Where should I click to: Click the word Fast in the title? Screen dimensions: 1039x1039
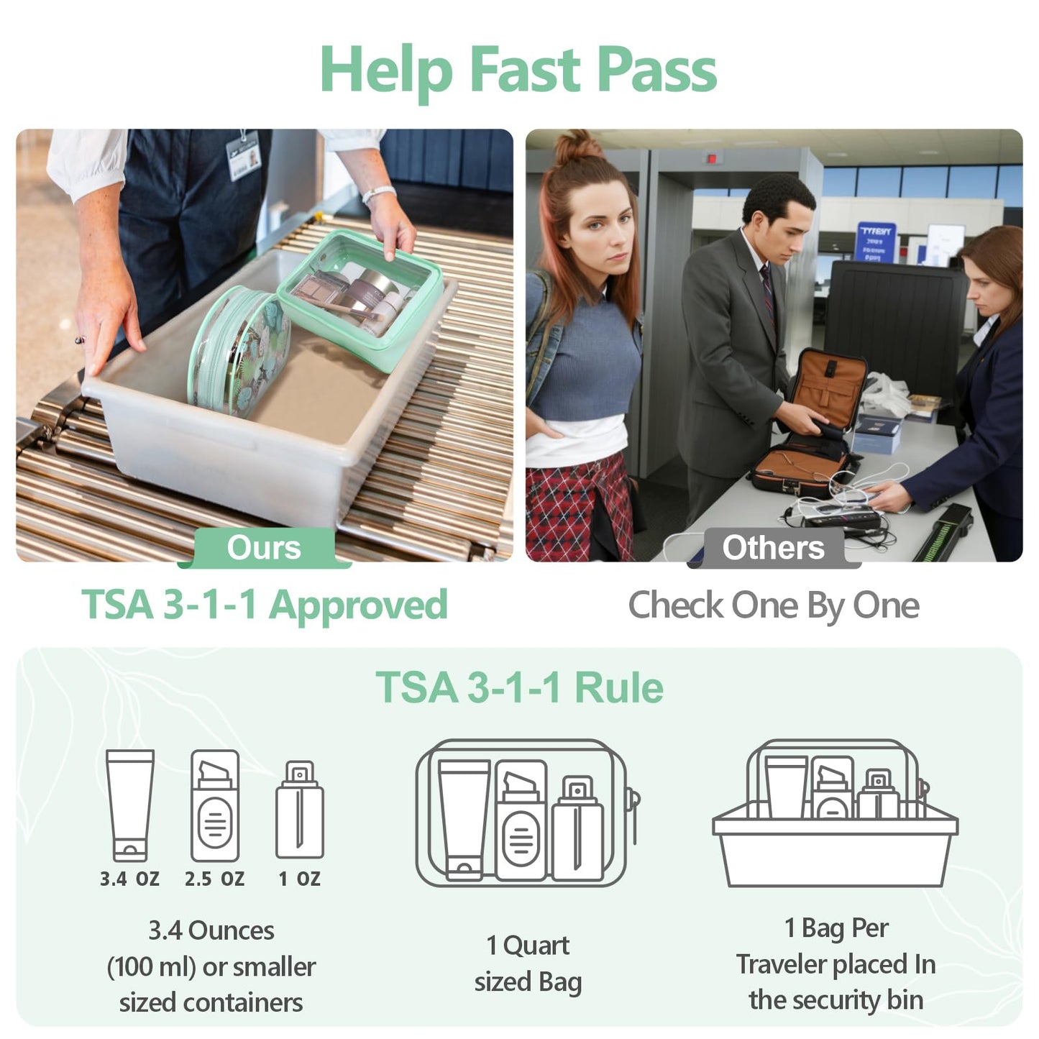[x=524, y=70]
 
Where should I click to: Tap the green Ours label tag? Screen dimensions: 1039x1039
[x=264, y=548]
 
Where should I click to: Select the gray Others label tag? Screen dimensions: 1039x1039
[x=773, y=548]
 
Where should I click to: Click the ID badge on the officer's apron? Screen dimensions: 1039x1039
[x=243, y=155]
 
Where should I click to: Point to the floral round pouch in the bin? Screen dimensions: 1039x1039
[x=239, y=352]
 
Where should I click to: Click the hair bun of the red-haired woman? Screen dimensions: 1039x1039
[x=579, y=147]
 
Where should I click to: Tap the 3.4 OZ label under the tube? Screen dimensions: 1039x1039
[x=129, y=879]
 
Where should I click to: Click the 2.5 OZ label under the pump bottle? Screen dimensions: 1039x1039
[x=214, y=879]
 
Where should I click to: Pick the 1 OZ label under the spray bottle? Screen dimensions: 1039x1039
[x=299, y=879]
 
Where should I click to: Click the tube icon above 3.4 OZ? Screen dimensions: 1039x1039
[x=130, y=805]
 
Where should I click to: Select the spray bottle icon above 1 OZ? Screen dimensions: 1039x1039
[x=299, y=810]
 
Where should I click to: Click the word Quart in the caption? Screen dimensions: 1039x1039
[x=536, y=946]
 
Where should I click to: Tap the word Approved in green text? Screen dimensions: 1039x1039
[x=357, y=605]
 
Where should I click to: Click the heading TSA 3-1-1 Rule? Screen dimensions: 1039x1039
[x=519, y=687]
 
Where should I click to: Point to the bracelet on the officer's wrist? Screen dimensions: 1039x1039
[x=378, y=193]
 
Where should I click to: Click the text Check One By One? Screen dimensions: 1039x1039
[x=773, y=605]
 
